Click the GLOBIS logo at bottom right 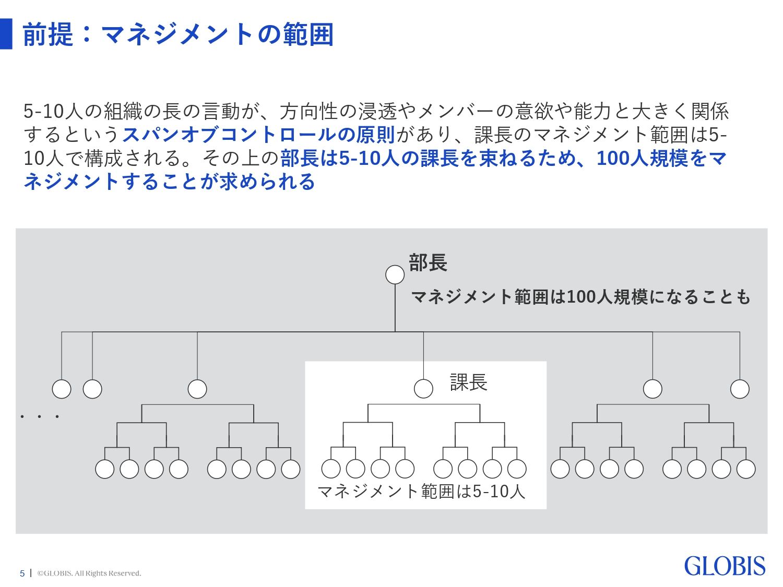click(x=725, y=566)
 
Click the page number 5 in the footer click(x=22, y=573)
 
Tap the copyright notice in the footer click(x=89, y=573)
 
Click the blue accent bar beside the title click(x=6, y=34)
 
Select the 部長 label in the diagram click(x=428, y=262)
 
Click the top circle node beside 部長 click(x=395, y=274)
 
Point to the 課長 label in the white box click(x=468, y=382)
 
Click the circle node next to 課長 click(x=423, y=389)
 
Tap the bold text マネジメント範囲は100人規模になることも click(x=580, y=297)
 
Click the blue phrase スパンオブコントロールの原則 click(x=258, y=135)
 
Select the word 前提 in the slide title click(x=48, y=35)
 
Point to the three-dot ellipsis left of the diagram click(x=39, y=416)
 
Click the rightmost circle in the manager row click(x=740, y=389)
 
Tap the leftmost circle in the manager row click(x=62, y=389)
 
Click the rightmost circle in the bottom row click(x=746, y=469)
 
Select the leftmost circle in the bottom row click(x=105, y=469)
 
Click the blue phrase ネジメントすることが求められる click(x=169, y=182)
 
